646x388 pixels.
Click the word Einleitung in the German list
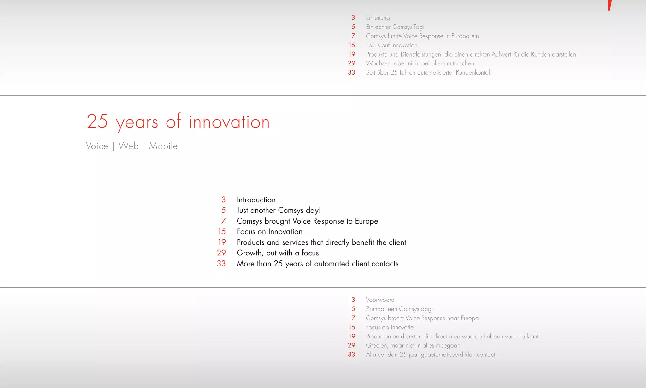tap(378, 18)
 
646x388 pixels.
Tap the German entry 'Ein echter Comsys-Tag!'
tap(395, 27)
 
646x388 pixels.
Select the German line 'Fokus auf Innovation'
tap(391, 45)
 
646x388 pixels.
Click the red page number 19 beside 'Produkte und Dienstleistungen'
tap(352, 54)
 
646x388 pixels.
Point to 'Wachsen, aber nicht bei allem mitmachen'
tap(420, 63)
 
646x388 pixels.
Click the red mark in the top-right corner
tap(610, 5)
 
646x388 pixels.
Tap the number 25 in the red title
tap(97, 121)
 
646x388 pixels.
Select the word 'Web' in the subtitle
tap(128, 146)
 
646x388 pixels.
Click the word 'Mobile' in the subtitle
tap(163, 146)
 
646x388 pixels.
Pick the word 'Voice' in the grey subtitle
tap(97, 146)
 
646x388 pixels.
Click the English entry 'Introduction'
tap(256, 200)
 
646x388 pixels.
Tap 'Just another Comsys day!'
tap(279, 210)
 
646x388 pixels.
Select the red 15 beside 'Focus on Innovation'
tap(222, 232)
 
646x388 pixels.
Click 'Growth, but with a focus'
tap(278, 253)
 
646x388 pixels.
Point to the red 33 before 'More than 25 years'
tap(221, 264)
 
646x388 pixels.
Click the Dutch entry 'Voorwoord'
tap(380, 300)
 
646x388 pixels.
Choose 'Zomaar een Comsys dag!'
tap(399, 309)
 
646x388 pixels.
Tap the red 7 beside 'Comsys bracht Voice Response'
tap(353, 318)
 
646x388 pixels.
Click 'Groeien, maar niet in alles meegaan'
tap(413, 346)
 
